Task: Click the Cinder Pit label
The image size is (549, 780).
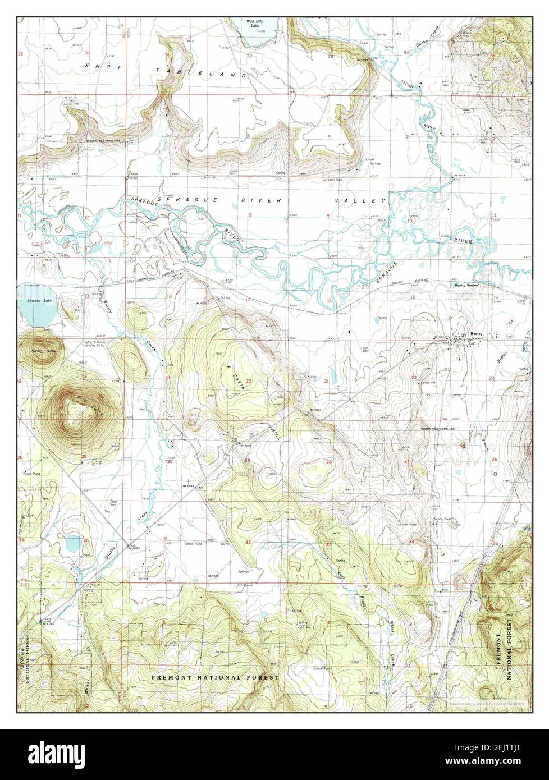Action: click(422, 383)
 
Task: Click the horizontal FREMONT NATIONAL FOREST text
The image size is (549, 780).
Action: click(215, 678)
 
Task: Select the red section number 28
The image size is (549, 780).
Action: click(330, 461)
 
